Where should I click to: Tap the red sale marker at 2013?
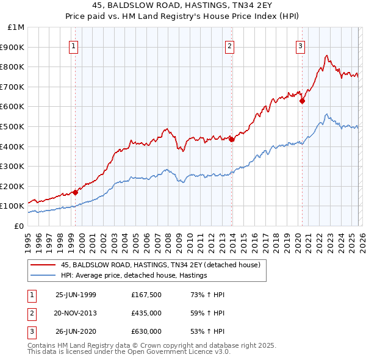click(x=232, y=139)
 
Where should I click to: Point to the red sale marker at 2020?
click(x=302, y=101)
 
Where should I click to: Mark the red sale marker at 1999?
click(x=76, y=192)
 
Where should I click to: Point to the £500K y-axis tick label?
click(x=13, y=127)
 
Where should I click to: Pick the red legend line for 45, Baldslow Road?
click(x=42, y=265)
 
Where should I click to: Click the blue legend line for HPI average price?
click(x=42, y=276)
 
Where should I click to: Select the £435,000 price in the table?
click(x=146, y=313)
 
